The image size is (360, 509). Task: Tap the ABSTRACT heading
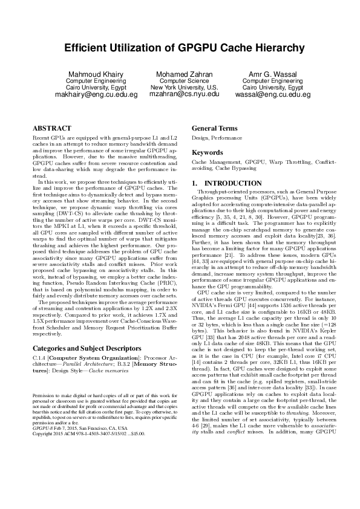[51, 129]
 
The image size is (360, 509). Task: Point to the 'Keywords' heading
[208, 152]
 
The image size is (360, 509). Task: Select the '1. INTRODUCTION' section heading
[226, 183]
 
